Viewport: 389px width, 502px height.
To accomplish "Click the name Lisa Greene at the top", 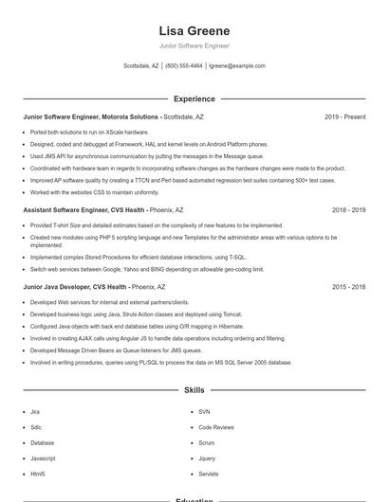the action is coord(194,31).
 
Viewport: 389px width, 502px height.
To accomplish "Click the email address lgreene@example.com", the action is coord(237,66).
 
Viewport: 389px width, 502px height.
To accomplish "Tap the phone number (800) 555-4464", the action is coord(184,66).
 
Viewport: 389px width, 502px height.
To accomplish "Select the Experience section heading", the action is coord(194,99).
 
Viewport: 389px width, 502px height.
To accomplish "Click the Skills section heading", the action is coord(194,390).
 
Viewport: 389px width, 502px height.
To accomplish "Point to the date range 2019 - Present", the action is coord(344,117).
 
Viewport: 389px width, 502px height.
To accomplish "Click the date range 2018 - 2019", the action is coord(348,210).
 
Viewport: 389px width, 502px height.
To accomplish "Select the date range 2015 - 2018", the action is coord(348,286).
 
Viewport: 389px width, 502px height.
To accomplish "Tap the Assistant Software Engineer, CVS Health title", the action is coord(83,210).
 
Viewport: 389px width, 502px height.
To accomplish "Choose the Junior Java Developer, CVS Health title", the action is coord(75,286).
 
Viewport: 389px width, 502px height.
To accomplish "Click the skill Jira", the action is coord(35,412).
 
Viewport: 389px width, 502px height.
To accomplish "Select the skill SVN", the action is coord(204,412).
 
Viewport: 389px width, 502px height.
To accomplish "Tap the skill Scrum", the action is coord(206,442).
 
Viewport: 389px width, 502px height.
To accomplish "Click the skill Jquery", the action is coord(207,457).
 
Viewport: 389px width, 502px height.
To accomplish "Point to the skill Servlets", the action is coord(209,474).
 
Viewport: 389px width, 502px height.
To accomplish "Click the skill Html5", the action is coord(38,474).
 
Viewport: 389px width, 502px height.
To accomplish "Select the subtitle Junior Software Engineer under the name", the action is coord(194,45).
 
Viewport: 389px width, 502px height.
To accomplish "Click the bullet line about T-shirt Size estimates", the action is coord(157,225).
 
